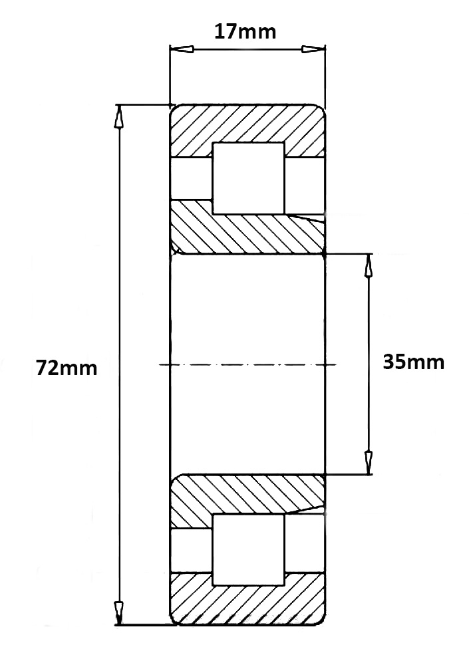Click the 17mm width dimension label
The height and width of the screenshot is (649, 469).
(x=244, y=31)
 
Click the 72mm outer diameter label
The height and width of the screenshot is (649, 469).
(x=67, y=368)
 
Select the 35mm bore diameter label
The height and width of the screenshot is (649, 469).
(x=413, y=362)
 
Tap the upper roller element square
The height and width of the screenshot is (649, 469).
(x=248, y=178)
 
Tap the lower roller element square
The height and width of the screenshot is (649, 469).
(x=248, y=549)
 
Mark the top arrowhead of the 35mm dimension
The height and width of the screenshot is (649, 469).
(x=369, y=265)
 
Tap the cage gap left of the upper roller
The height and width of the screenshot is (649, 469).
(x=192, y=178)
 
